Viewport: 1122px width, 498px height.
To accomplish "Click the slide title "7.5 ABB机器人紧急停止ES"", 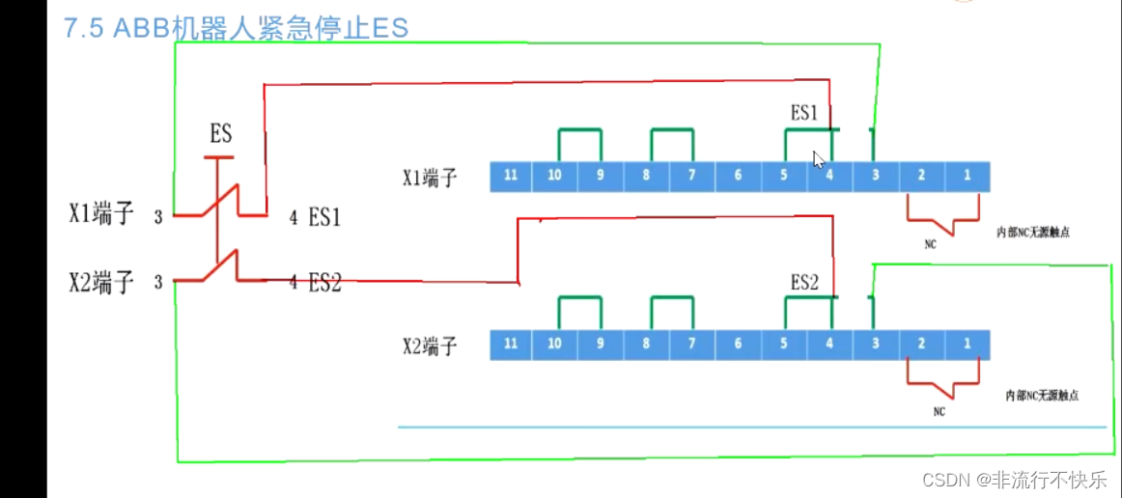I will (237, 27).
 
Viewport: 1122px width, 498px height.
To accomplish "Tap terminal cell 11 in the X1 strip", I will (511, 177).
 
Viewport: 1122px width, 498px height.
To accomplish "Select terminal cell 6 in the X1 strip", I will (738, 177).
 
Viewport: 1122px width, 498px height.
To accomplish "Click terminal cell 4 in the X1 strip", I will (829, 177).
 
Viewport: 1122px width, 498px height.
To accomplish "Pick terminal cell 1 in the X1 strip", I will (967, 177).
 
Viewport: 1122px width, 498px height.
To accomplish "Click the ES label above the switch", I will (221, 134).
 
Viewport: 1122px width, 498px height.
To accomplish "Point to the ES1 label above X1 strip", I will (804, 114).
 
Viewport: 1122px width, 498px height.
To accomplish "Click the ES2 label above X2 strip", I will (804, 283).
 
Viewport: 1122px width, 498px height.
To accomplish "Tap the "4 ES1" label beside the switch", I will (315, 218).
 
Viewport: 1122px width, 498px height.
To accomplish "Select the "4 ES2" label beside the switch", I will (315, 284).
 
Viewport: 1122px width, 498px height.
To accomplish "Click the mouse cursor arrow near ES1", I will (818, 158).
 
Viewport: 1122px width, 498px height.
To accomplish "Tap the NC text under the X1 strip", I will (930, 245).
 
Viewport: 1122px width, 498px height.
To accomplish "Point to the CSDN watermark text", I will (1014, 480).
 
